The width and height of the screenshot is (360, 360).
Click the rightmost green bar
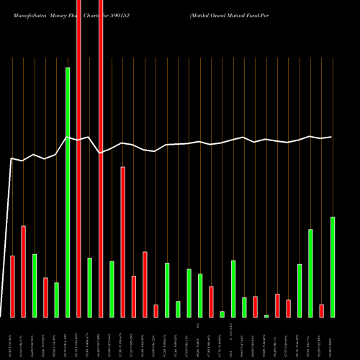333,266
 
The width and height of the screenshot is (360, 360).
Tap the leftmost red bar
12,287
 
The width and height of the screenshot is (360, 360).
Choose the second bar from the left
23,271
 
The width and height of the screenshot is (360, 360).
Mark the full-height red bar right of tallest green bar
78,158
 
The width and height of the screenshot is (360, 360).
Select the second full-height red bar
101,158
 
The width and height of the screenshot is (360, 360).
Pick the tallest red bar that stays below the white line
123,242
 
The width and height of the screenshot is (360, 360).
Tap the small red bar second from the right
322,310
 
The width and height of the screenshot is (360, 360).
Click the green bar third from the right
300,290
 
